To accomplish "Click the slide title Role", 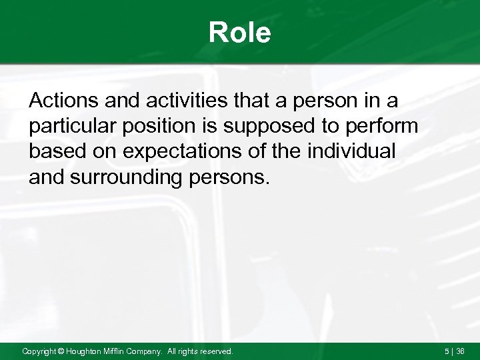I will point(239,32).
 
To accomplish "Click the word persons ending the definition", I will point(238,177).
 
